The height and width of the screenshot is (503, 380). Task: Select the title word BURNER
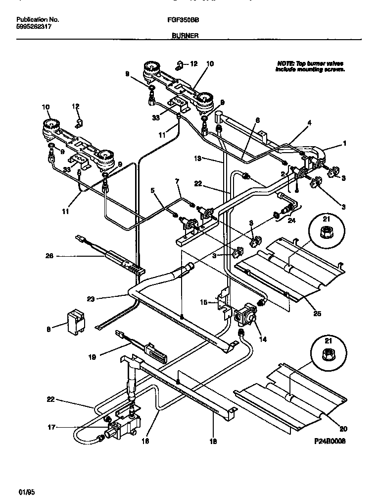[185, 36]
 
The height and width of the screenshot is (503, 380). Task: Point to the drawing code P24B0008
[328, 440]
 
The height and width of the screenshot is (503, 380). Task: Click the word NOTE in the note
[285, 64]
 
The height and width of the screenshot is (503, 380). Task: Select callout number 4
[309, 122]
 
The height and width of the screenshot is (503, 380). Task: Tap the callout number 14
[262, 340]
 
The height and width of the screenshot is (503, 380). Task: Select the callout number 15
[203, 301]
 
